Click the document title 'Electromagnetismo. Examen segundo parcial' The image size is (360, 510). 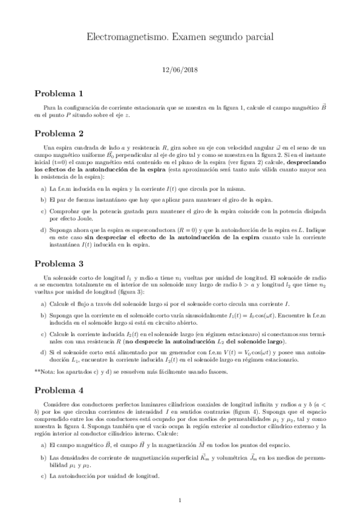tap(180, 38)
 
